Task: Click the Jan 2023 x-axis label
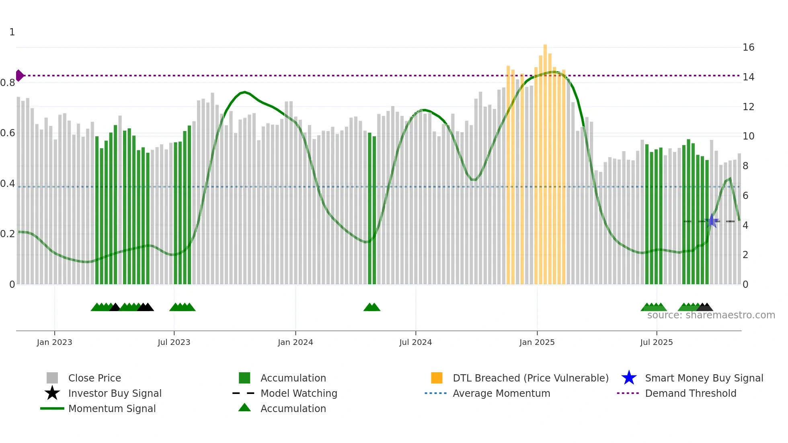click(x=54, y=342)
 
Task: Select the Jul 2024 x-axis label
click(x=415, y=342)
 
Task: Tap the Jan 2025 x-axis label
click(x=537, y=342)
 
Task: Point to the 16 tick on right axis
click(x=748, y=47)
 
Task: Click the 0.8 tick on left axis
click(x=8, y=83)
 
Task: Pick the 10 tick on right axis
click(x=748, y=136)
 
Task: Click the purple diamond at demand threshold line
click(x=19, y=76)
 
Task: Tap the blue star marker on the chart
click(x=712, y=221)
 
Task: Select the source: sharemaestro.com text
click(x=711, y=315)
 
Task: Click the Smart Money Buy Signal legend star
click(x=629, y=378)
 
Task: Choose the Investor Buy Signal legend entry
click(x=115, y=393)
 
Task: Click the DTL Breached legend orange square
click(x=437, y=378)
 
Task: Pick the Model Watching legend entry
click(x=298, y=393)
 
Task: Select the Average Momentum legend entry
click(x=501, y=393)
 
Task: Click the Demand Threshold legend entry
click(x=690, y=393)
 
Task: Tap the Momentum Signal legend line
click(x=52, y=408)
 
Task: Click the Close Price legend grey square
click(x=52, y=378)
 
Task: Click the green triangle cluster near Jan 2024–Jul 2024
click(x=372, y=308)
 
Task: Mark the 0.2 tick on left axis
click(x=8, y=234)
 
